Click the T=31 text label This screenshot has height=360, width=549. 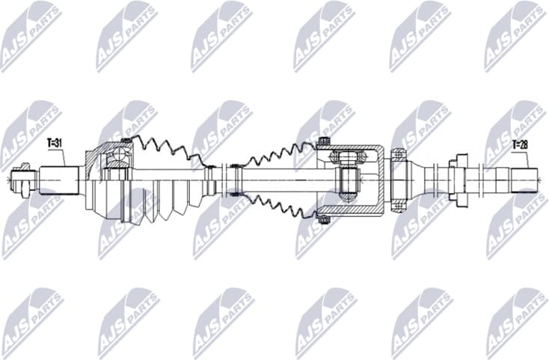click(55, 142)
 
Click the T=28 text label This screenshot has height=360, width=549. click(520, 144)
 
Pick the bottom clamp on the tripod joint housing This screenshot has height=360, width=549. click(324, 219)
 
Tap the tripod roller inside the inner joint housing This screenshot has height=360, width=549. click(349, 180)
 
